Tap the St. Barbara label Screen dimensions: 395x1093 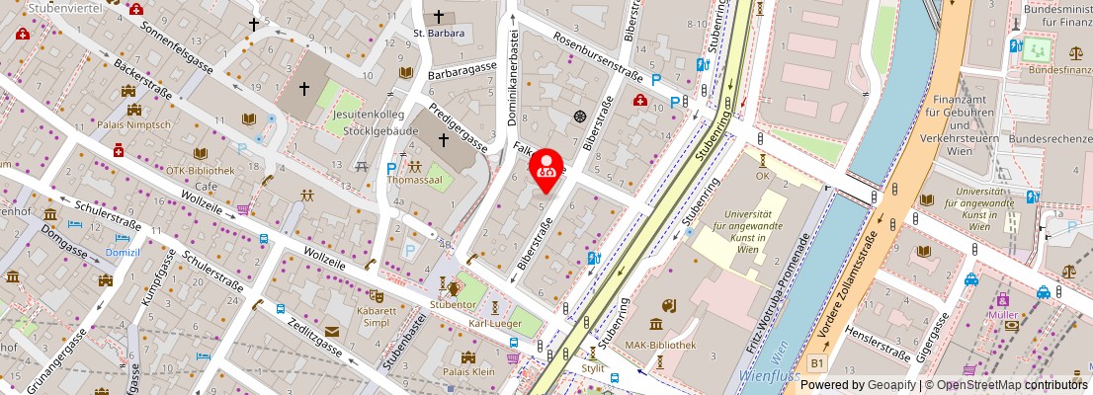[x=439, y=33]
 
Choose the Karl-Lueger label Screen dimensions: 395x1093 [x=494, y=323]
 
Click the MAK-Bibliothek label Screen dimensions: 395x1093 [x=661, y=346]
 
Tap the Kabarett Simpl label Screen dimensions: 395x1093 [x=377, y=317]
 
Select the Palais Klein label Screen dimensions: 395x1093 [x=468, y=372]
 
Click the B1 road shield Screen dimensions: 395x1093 [x=816, y=363]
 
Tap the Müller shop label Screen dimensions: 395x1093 [x=1002, y=315]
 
